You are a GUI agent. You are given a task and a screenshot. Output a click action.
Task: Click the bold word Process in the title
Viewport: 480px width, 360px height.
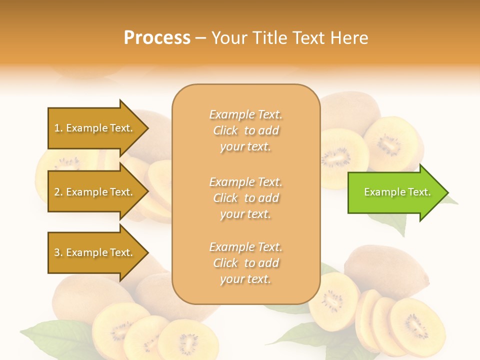tap(157, 38)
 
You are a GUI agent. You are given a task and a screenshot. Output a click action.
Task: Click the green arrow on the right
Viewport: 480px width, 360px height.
tap(395, 192)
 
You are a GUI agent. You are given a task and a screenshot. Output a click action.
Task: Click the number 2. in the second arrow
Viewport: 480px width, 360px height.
tap(58, 192)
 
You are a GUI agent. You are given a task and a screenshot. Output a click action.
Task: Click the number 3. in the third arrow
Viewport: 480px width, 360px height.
tap(58, 252)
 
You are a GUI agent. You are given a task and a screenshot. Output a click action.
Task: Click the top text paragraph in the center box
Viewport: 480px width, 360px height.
tap(245, 130)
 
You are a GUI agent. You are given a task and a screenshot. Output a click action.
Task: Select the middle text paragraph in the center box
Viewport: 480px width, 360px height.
tap(245, 198)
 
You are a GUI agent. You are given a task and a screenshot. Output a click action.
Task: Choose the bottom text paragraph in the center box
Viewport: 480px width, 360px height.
tap(245, 263)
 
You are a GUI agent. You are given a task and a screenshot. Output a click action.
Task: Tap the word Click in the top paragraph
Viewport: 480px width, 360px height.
tap(225, 130)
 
